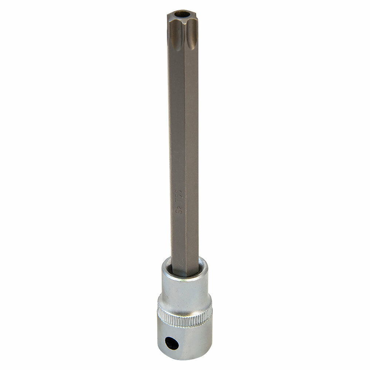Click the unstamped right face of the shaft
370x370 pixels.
(192, 148)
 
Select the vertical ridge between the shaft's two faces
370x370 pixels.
(185, 148)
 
